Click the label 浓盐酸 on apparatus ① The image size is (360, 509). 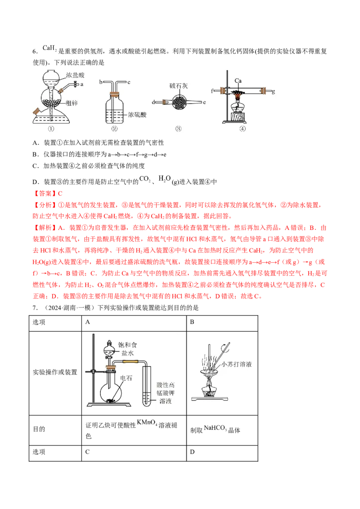click(x=76, y=75)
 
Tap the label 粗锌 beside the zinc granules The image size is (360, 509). click(x=72, y=103)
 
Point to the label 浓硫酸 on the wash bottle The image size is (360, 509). click(x=137, y=115)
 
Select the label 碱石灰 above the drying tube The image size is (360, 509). click(x=178, y=86)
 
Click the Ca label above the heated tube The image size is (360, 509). click(x=238, y=80)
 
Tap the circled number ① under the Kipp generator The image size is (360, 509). click(x=51, y=129)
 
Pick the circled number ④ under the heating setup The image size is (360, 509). click(x=243, y=129)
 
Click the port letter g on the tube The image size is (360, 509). click(x=273, y=92)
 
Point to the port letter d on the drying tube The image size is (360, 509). click(x=153, y=102)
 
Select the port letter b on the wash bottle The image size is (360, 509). click(x=101, y=82)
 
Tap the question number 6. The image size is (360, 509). click(x=36, y=51)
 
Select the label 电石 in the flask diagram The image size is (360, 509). click(x=126, y=378)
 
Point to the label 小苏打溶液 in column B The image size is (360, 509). click(x=237, y=364)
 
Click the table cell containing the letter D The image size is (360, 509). click(x=222, y=453)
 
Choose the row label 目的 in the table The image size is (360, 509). click(x=39, y=429)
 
